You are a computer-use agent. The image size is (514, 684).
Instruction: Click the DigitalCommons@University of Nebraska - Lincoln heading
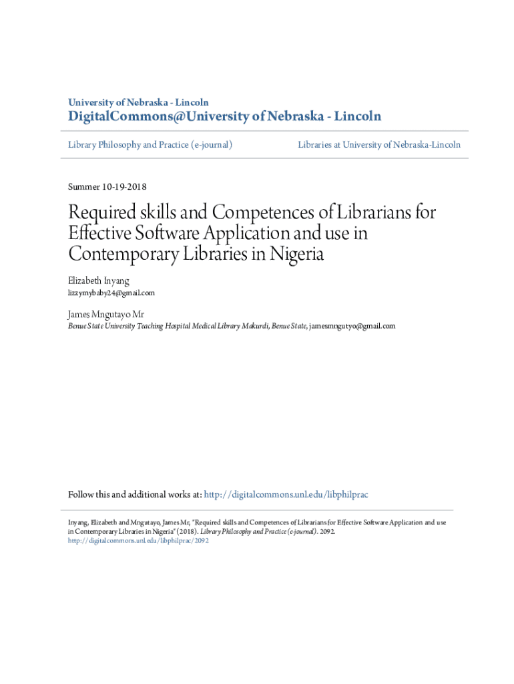point(225,117)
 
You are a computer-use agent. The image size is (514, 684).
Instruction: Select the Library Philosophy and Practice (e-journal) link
point(150,144)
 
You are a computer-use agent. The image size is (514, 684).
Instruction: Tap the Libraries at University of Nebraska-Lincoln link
point(378,144)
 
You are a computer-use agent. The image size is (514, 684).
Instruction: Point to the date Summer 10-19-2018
point(107,186)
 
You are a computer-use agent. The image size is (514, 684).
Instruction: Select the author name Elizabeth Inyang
point(98,281)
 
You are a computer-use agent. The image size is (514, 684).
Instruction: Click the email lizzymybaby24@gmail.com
point(111,293)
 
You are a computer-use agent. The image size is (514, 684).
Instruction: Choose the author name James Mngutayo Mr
point(105,314)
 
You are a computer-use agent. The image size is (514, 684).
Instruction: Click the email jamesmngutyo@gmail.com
point(352,326)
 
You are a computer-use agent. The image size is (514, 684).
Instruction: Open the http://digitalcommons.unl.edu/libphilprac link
point(286,495)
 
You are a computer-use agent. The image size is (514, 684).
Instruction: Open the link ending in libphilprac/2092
point(139,540)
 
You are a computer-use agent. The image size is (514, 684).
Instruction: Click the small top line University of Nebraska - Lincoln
point(138,102)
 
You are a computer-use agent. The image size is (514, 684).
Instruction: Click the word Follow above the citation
point(81,495)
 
